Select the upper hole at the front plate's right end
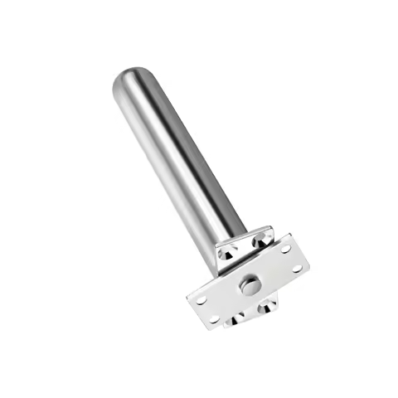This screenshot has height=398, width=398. tap(285, 249)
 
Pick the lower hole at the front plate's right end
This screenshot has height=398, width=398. tap(298, 267)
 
